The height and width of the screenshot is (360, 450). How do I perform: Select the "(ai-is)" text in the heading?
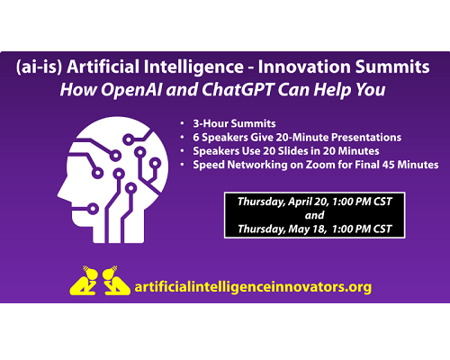(x=39, y=67)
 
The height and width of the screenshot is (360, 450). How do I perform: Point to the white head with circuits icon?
(x=113, y=180)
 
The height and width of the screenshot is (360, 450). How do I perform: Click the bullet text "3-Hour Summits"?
(x=234, y=123)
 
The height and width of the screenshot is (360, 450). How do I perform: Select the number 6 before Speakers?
(x=196, y=138)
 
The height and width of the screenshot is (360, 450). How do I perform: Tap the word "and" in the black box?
(x=314, y=215)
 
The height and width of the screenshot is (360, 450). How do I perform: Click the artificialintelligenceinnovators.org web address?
(x=253, y=287)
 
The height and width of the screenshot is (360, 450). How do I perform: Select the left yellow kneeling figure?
(x=84, y=281)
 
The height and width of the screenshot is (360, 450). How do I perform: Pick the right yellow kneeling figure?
(x=116, y=281)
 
